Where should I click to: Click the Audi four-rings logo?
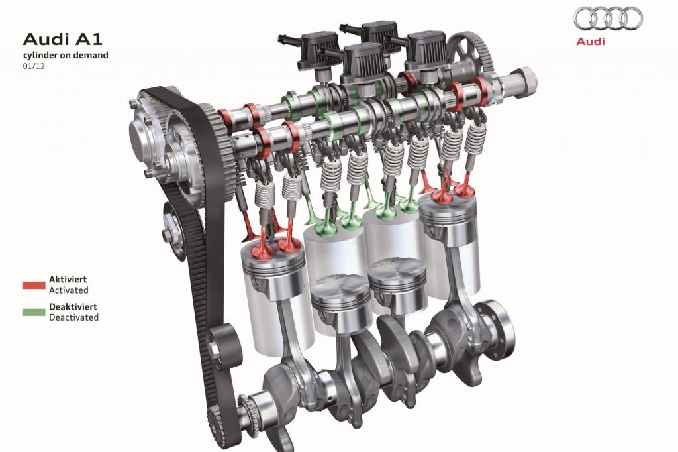(608, 19)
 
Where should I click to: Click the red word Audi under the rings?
(590, 42)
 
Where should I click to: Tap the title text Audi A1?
(63, 39)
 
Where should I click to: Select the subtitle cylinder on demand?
(66, 55)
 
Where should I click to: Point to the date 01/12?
(34, 66)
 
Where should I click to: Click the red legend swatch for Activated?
(34, 285)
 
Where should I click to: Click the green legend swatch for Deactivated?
(34, 312)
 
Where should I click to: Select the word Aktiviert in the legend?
(68, 280)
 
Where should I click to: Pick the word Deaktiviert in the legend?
(73, 307)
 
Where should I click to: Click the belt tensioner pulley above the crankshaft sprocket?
(224, 347)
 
